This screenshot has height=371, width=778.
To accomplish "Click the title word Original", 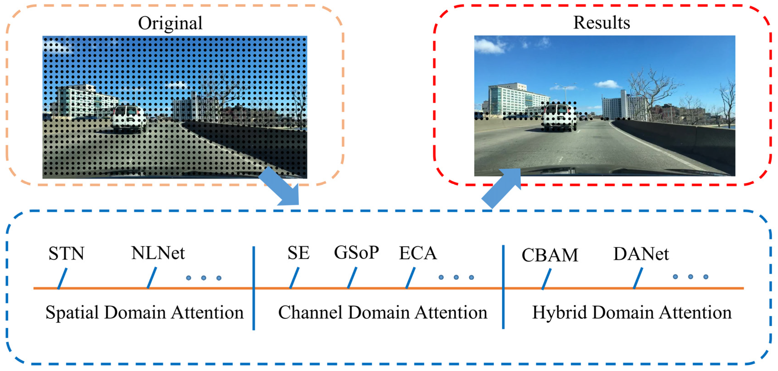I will (170, 23).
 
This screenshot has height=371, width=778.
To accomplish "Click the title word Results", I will (602, 23).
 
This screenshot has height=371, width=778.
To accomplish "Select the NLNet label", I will (158, 253).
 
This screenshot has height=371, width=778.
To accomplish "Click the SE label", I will (298, 253).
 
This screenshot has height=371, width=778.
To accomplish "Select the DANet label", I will (641, 254).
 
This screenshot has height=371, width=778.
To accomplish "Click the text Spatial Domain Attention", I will (144, 312).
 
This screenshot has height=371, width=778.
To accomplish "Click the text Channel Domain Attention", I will (383, 312).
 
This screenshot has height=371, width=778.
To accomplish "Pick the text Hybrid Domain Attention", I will (632, 312).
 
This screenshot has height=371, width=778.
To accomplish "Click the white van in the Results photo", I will (559, 118).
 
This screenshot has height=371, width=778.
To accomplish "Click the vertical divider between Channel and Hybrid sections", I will (503, 287).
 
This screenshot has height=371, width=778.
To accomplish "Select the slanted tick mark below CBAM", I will (546, 279).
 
